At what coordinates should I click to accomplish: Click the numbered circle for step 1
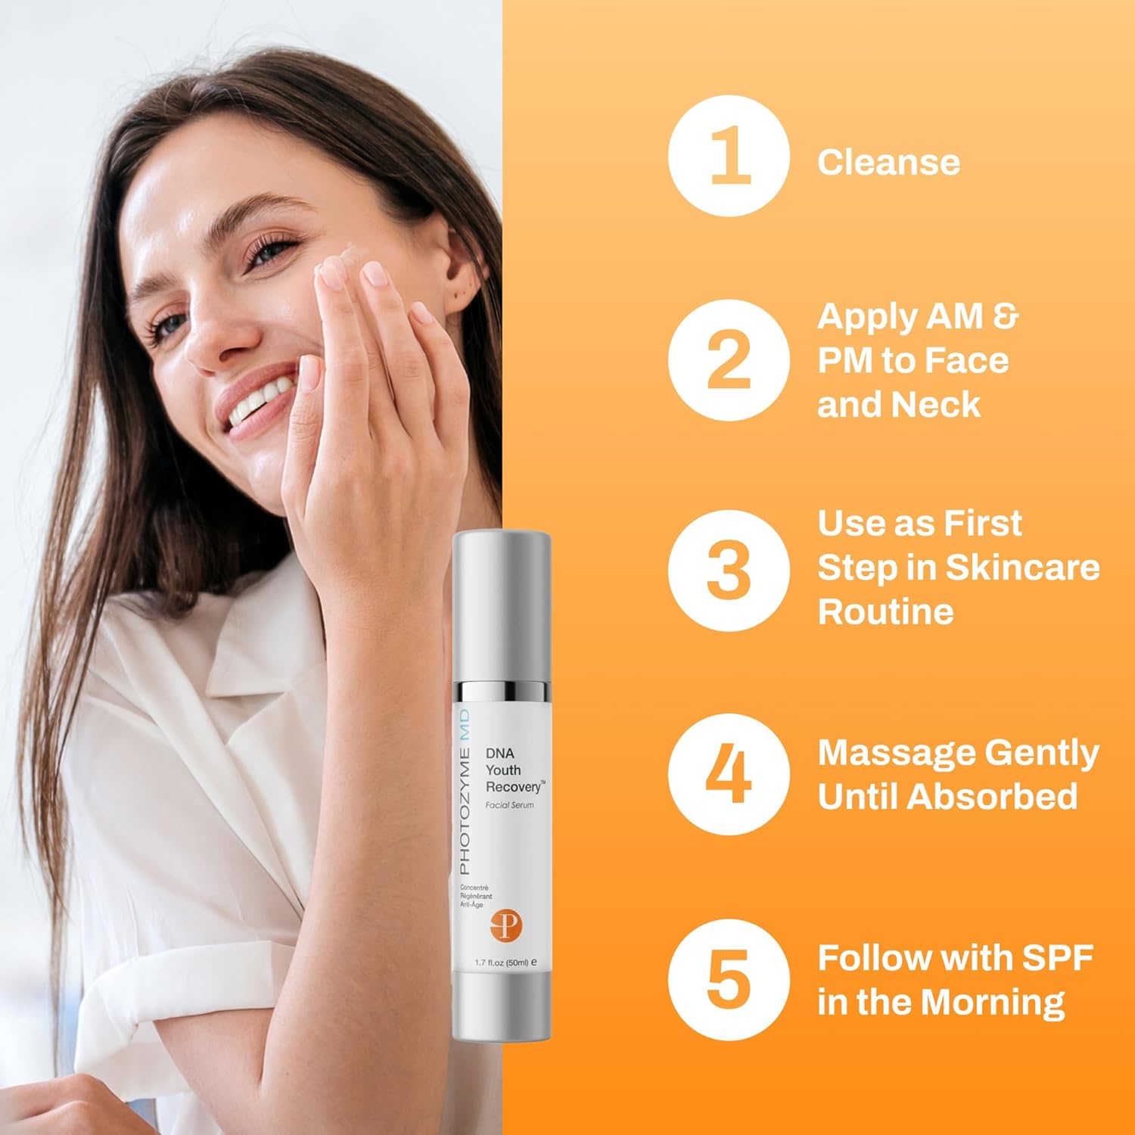729,156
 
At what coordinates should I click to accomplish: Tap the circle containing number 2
729,360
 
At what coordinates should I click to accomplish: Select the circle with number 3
729,570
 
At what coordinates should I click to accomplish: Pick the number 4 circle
729,774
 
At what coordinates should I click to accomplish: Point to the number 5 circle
729,980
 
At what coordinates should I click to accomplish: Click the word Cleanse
888,163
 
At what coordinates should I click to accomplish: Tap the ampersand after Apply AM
1006,316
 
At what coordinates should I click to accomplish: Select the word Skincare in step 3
1022,567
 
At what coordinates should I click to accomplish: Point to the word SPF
1058,958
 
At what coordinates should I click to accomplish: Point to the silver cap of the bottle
502,605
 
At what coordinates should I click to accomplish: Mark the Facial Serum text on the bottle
509,805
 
